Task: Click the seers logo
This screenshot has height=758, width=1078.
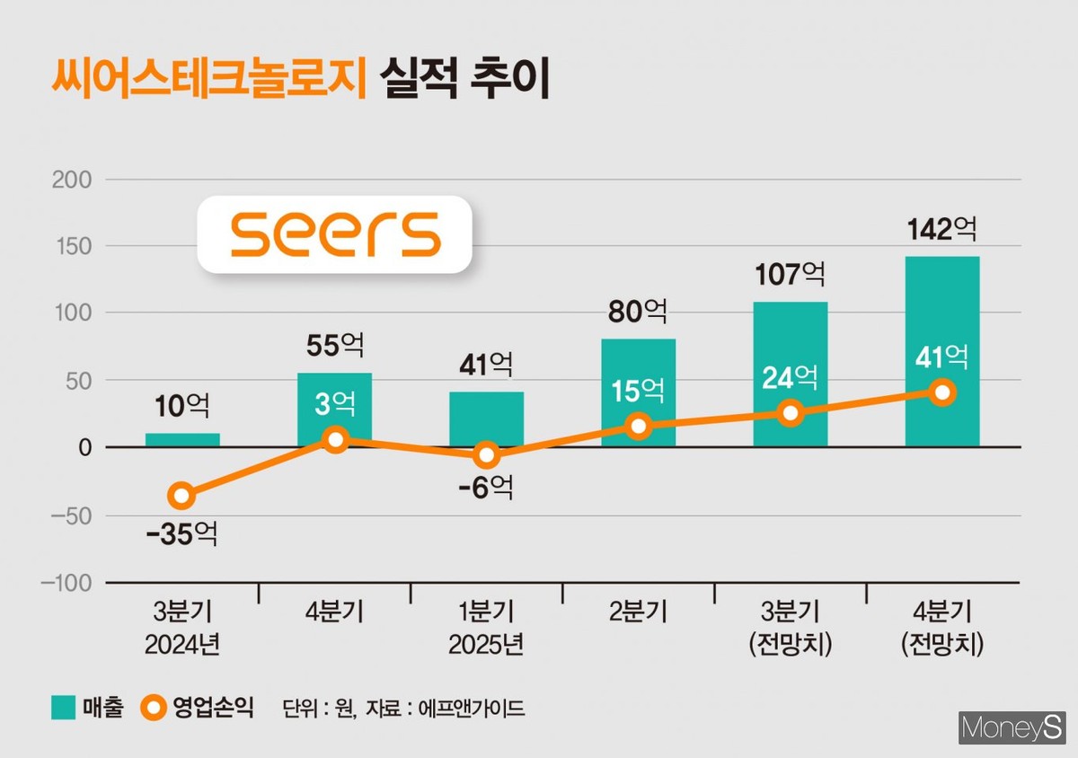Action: (x=335, y=234)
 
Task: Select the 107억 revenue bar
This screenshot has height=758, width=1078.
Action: (x=790, y=341)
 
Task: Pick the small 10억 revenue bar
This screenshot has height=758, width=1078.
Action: (x=182, y=440)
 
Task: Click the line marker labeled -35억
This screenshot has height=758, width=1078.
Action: (x=182, y=495)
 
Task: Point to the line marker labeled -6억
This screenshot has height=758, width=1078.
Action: (x=487, y=455)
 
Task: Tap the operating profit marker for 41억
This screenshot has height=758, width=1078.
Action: (x=942, y=392)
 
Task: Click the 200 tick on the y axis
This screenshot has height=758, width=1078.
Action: (x=73, y=180)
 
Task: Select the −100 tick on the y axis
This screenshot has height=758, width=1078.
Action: (x=66, y=583)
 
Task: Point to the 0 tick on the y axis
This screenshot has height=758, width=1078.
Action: (x=84, y=448)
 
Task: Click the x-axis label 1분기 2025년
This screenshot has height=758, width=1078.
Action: (x=487, y=630)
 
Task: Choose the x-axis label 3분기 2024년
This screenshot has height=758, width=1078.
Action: (x=182, y=630)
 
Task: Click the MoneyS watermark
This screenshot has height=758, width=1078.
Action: (x=1012, y=727)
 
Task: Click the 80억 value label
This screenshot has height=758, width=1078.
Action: (x=639, y=313)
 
